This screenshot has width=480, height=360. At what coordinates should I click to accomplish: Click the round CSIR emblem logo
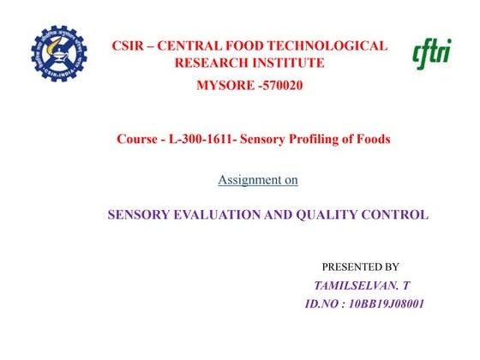[60, 53]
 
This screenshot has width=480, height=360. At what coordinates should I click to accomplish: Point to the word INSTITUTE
[288, 63]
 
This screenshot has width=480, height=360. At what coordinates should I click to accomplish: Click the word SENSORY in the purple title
[136, 215]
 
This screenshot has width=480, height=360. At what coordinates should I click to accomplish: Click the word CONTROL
[399, 215]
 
